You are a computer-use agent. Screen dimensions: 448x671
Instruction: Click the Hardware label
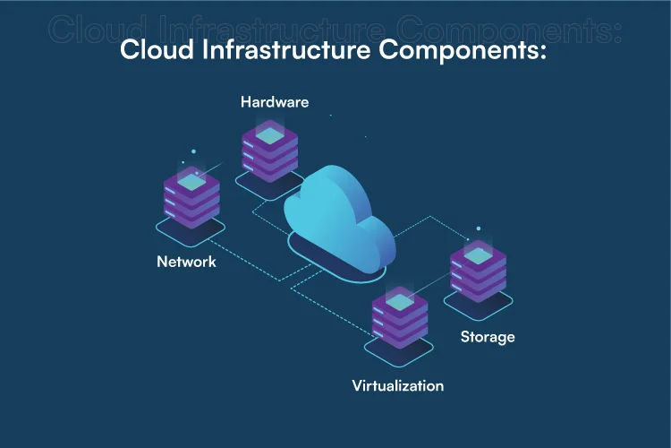coord(275,101)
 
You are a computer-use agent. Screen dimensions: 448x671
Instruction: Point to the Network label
coord(186,263)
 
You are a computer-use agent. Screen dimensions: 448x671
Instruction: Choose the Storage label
coord(488,337)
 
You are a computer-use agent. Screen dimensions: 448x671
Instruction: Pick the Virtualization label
coord(397,386)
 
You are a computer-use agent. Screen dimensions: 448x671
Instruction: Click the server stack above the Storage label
coord(479,269)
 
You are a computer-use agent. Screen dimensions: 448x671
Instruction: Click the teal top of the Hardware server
coord(269,134)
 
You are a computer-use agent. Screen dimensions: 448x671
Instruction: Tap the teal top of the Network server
coord(191,182)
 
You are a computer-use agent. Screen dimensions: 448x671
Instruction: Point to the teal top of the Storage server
coord(479,255)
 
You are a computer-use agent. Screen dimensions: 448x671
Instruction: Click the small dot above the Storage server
coord(479,228)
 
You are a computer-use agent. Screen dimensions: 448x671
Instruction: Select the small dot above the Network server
coord(183,164)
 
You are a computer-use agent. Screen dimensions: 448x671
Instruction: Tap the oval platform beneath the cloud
coord(338,267)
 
